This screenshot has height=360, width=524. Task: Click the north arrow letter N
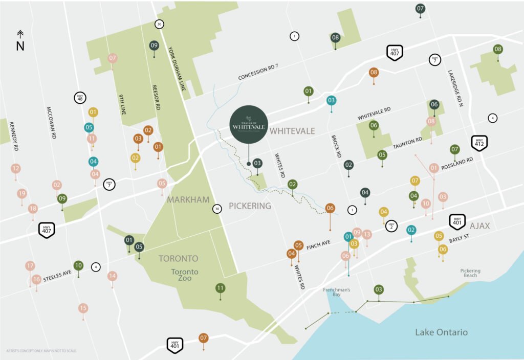(x=20, y=46)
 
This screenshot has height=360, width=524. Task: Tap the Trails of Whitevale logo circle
(x=248, y=123)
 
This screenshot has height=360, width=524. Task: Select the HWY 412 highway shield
(x=479, y=142)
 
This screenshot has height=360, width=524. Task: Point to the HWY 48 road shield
(x=79, y=97)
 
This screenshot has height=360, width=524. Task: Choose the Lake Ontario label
(x=441, y=332)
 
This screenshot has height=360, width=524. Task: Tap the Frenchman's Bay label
(x=336, y=292)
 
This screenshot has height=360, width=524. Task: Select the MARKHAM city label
(x=188, y=199)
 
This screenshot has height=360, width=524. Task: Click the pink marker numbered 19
(x=21, y=193)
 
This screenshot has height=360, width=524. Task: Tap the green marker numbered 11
(x=220, y=288)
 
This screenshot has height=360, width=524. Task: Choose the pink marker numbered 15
(x=83, y=308)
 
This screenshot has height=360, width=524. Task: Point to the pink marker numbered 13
(x=366, y=234)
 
